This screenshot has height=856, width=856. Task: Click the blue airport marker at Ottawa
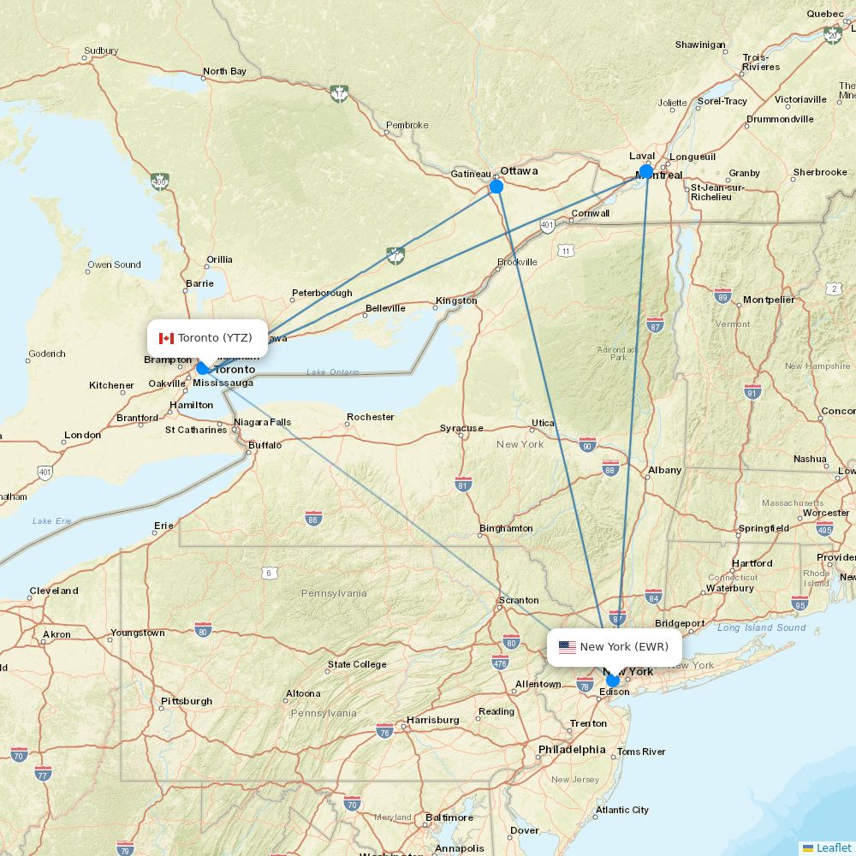(x=496, y=186)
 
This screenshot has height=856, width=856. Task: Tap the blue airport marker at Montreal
(x=645, y=171)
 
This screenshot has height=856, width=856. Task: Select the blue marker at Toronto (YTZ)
(x=203, y=368)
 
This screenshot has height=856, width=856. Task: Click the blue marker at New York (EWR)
(x=612, y=681)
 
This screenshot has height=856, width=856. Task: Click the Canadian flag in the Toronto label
(x=166, y=338)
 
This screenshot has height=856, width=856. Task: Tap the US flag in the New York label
(x=568, y=647)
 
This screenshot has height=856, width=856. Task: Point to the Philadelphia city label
(x=572, y=750)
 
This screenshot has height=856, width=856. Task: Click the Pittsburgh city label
(x=187, y=701)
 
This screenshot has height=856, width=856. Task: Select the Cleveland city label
(x=54, y=591)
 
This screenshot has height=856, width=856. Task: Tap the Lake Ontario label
(x=333, y=372)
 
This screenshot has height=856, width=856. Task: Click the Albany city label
(x=664, y=470)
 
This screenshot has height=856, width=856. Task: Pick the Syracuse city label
(x=461, y=428)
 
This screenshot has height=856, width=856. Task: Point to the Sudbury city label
(x=101, y=51)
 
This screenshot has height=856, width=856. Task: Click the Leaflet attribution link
(x=833, y=847)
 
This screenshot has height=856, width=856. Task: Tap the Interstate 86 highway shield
(x=313, y=518)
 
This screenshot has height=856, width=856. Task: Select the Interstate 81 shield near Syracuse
(x=463, y=484)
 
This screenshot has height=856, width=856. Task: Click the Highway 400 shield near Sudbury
(x=159, y=181)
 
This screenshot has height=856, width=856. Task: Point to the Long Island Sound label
(x=761, y=627)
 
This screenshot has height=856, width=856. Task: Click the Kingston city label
(x=456, y=300)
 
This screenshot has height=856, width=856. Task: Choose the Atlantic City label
(x=622, y=810)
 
